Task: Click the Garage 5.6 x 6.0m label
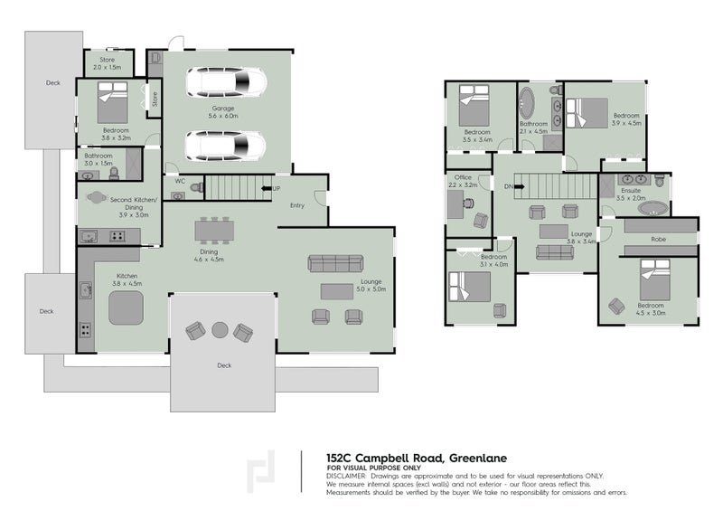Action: [x=223, y=112]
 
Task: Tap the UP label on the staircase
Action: [x=276, y=189]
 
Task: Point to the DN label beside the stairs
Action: [x=508, y=186]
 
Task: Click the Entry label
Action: [x=297, y=205]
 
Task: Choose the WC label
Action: [x=179, y=180]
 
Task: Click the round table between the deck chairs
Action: [x=220, y=330]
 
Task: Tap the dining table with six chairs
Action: [x=213, y=232]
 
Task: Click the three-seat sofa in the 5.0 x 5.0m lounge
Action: [x=335, y=262]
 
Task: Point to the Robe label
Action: [x=658, y=239]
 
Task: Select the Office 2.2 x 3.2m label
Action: [x=464, y=182]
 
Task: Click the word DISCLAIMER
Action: [x=345, y=475]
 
